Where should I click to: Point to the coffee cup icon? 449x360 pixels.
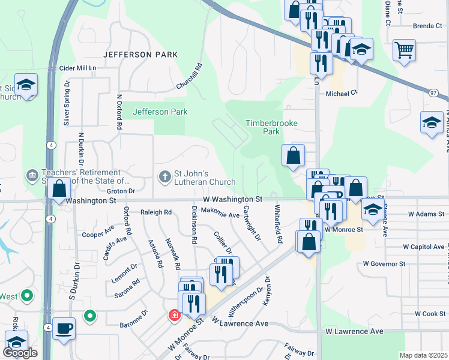(x=64, y=329)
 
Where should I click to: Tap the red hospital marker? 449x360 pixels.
(x=175, y=315)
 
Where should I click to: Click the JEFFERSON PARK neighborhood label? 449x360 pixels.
(x=140, y=55)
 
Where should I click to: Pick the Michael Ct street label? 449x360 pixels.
(x=342, y=94)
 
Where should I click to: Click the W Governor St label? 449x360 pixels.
(x=384, y=263)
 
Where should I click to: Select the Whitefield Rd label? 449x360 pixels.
(x=278, y=224)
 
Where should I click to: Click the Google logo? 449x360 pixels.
(x=20, y=353)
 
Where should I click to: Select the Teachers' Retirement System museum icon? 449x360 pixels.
(x=31, y=175)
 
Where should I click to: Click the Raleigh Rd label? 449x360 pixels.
(x=155, y=212)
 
